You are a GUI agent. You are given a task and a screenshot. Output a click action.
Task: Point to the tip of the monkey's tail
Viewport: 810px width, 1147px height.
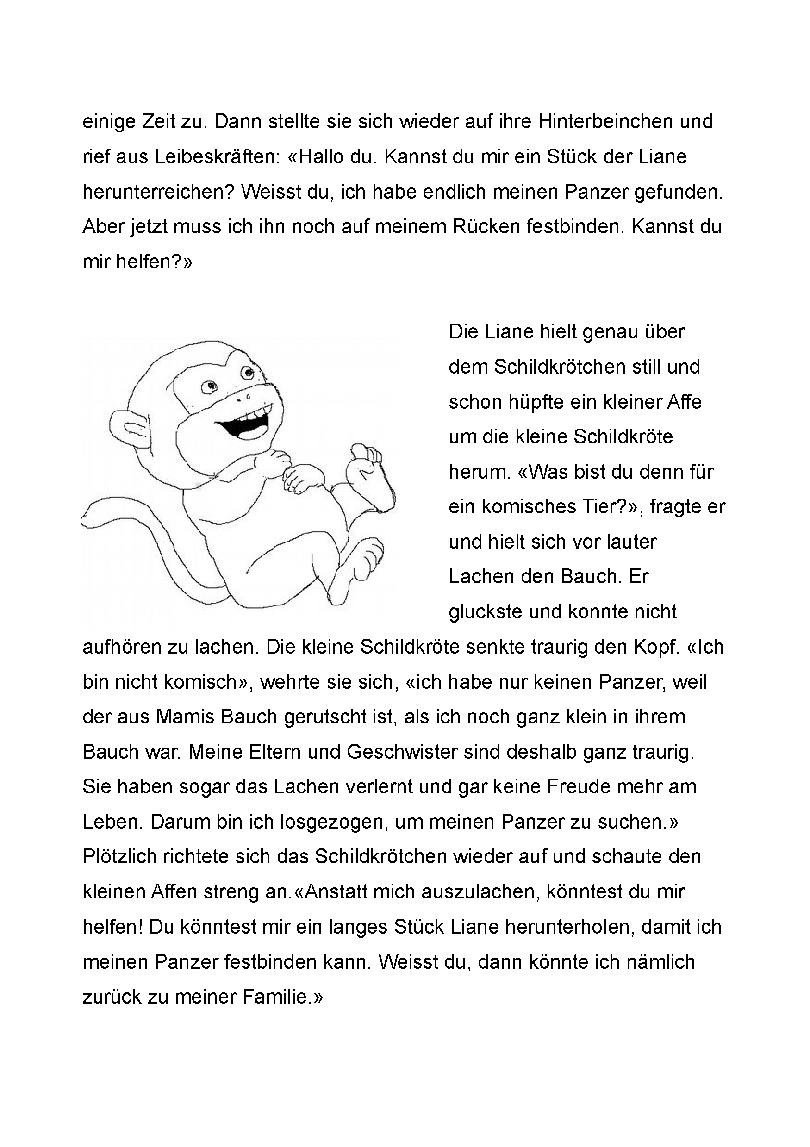click(x=86, y=519)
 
